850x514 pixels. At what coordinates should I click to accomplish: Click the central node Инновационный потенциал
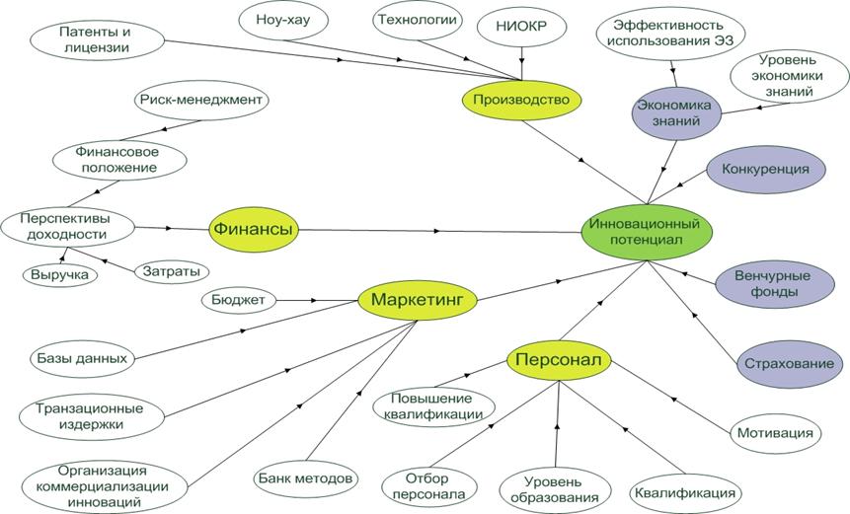[648, 231]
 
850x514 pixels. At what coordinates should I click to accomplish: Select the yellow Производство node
[521, 100]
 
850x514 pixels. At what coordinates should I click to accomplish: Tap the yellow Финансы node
[253, 229]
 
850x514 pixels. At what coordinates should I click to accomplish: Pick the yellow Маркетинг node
[418, 298]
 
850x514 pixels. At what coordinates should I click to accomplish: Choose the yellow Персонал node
[559, 360]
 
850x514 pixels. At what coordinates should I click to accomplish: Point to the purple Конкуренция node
[765, 169]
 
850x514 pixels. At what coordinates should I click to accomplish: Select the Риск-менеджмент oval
[202, 100]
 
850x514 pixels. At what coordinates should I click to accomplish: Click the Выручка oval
[61, 275]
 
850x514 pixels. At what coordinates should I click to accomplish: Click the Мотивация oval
[776, 432]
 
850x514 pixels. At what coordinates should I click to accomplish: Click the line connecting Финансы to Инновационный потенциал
[444, 231]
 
